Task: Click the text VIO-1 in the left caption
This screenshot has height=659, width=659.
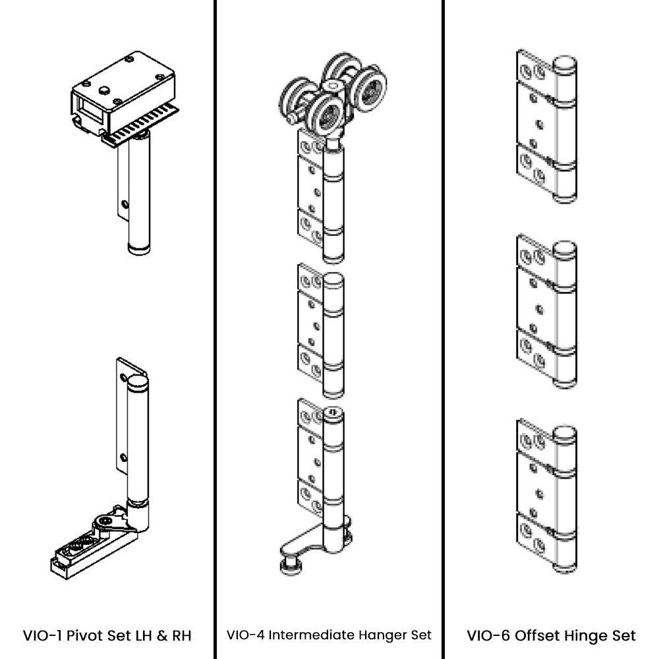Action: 41,636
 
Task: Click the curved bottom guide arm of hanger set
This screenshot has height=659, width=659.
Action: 300,543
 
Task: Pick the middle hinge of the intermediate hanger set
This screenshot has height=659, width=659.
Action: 320,329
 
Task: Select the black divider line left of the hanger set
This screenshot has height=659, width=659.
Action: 215,329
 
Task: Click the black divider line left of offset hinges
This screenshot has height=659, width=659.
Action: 443,329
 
